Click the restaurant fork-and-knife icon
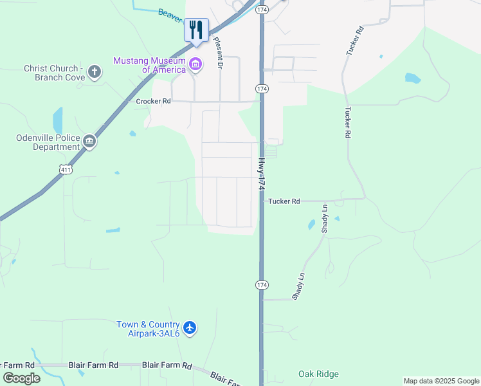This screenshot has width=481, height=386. (x=196, y=30)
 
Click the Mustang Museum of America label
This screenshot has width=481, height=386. (x=149, y=65)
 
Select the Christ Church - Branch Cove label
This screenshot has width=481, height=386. (x=51, y=73)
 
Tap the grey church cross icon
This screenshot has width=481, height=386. (x=95, y=71)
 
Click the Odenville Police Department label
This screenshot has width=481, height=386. (x=48, y=142)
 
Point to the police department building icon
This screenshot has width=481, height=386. (x=89, y=142)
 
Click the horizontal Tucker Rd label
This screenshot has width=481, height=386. (x=284, y=201)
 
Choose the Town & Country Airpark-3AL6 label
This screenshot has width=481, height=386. (x=148, y=329)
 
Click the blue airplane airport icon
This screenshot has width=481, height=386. (x=189, y=328)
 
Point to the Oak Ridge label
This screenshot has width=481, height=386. (x=318, y=374)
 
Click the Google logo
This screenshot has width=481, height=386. (x=21, y=378)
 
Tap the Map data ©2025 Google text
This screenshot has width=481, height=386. (x=442, y=381)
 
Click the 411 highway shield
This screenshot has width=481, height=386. (x=65, y=169)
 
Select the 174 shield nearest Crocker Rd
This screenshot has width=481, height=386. (x=261, y=88)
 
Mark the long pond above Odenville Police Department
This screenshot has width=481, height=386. (x=57, y=120)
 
